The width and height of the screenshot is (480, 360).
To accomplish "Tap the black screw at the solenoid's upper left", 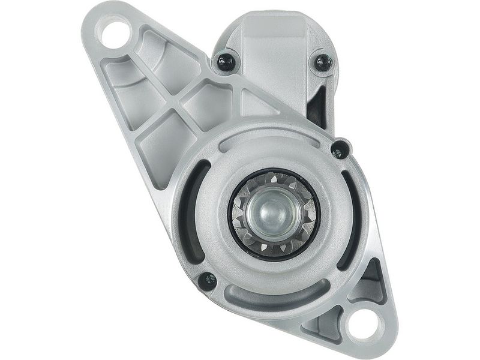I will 226,62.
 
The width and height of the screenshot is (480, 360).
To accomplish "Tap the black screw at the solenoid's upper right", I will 323,62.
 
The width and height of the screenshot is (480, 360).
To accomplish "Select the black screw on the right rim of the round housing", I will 340,148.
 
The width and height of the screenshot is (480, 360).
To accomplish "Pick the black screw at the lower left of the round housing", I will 208,280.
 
